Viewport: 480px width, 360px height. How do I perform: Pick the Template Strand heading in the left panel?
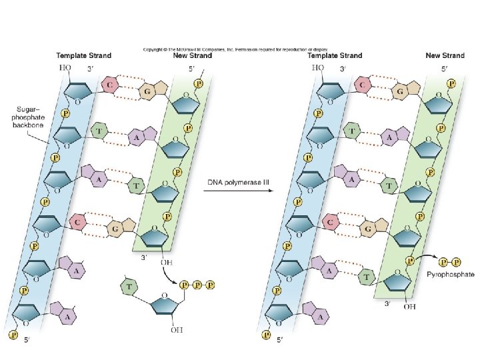[x=83, y=55]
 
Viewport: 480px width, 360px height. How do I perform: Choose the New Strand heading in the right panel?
[x=445, y=55]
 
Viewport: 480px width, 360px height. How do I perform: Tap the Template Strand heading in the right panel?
[x=335, y=55]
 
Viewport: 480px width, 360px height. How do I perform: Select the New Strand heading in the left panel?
[x=193, y=55]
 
